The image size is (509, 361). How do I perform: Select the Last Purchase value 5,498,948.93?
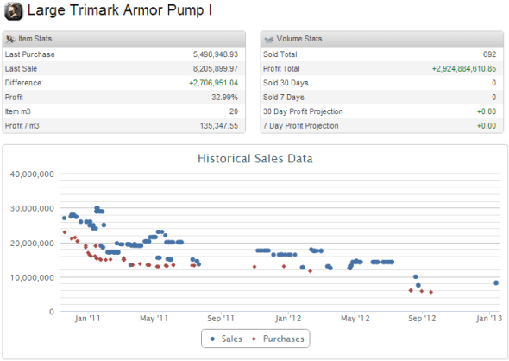[215, 54]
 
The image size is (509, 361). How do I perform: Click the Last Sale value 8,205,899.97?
[215, 68]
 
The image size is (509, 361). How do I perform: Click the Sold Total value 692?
[489, 54]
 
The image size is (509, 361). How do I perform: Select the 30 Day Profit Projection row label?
[303, 111]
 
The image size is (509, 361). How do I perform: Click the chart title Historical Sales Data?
[255, 159]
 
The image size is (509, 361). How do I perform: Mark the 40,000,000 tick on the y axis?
[32, 174]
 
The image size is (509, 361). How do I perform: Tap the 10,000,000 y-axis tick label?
[32, 277]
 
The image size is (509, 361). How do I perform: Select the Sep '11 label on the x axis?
[221, 319]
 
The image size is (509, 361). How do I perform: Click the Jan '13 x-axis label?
[489, 319]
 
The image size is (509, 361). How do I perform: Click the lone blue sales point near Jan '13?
[496, 282]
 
